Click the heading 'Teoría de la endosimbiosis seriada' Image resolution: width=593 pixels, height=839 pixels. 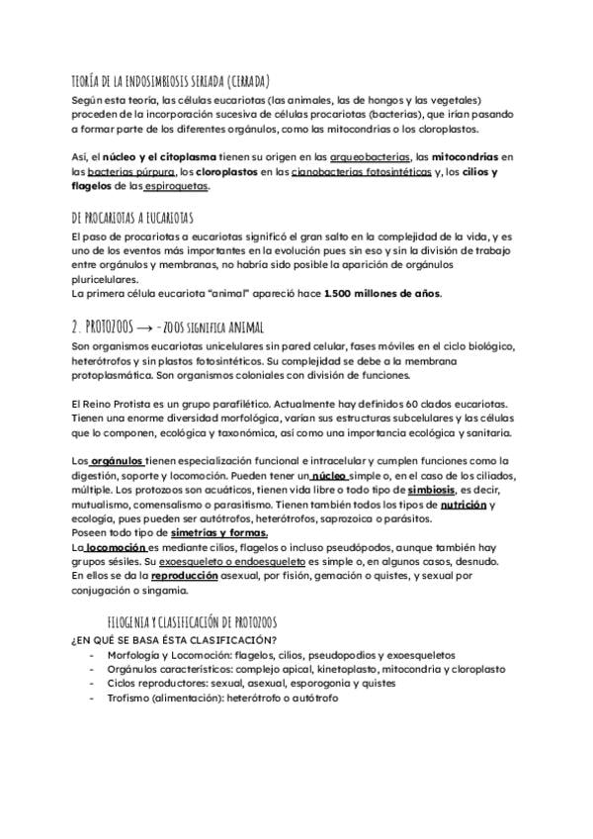171,81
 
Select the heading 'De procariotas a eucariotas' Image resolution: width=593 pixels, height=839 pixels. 133,218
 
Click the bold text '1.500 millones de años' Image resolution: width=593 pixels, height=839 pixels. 383,294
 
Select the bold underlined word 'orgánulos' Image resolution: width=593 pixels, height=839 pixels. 117,461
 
